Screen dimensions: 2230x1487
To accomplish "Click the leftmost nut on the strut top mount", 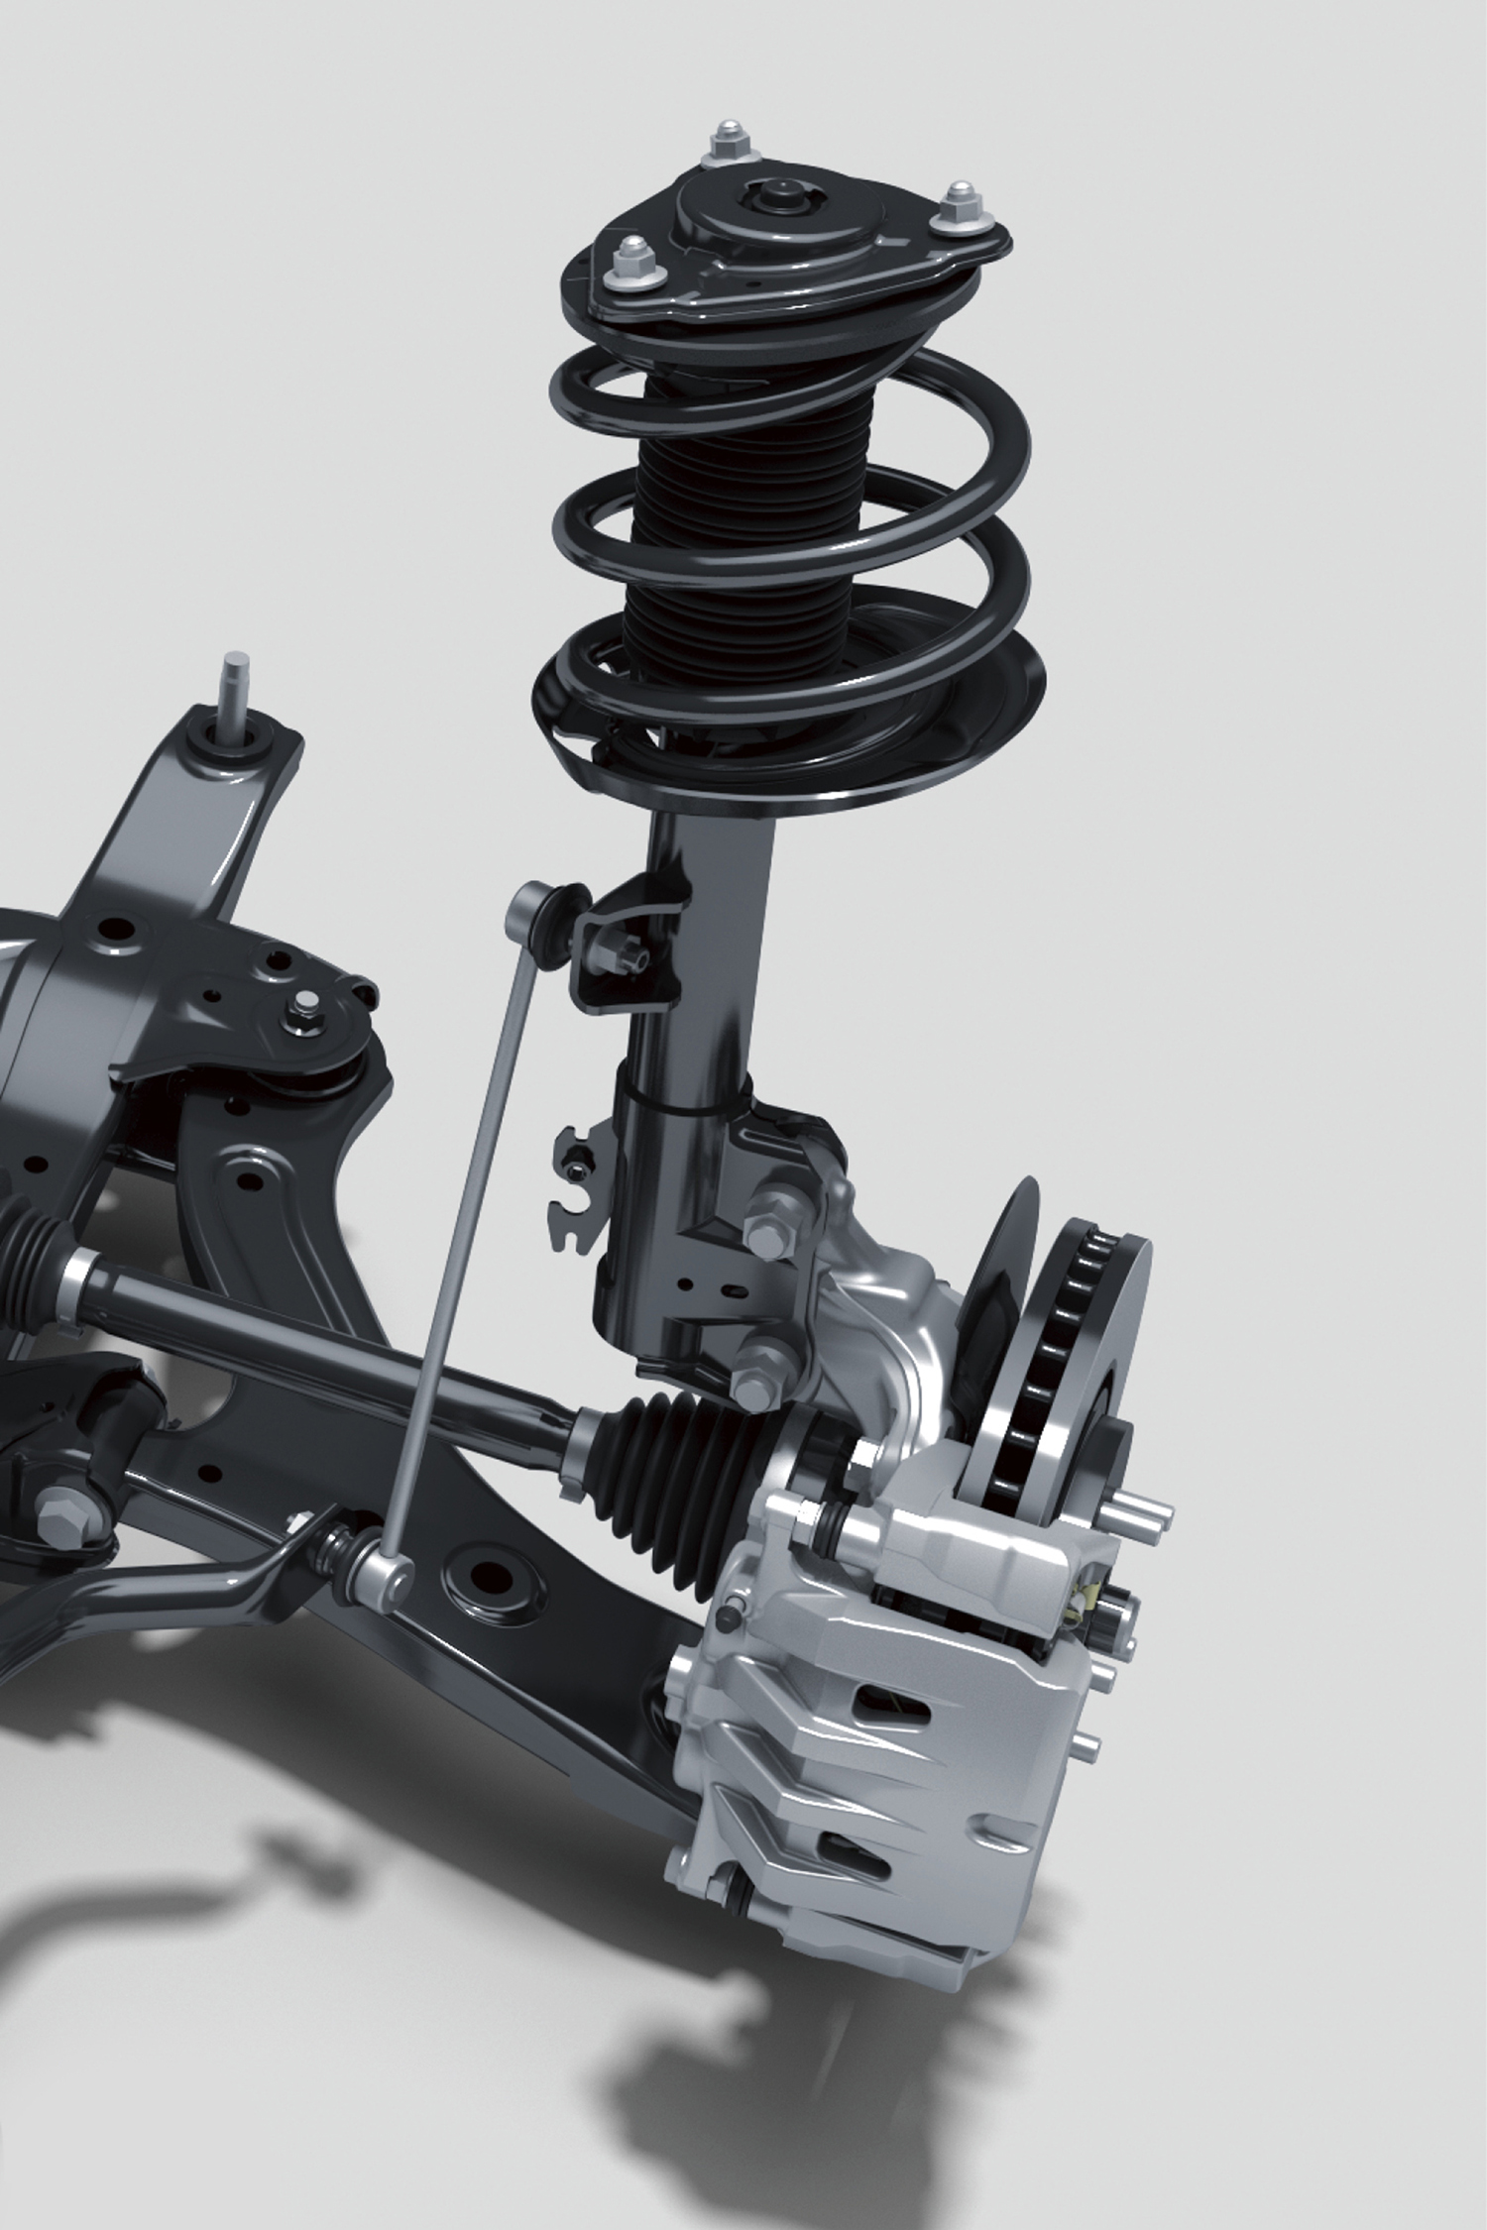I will point(629,261).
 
